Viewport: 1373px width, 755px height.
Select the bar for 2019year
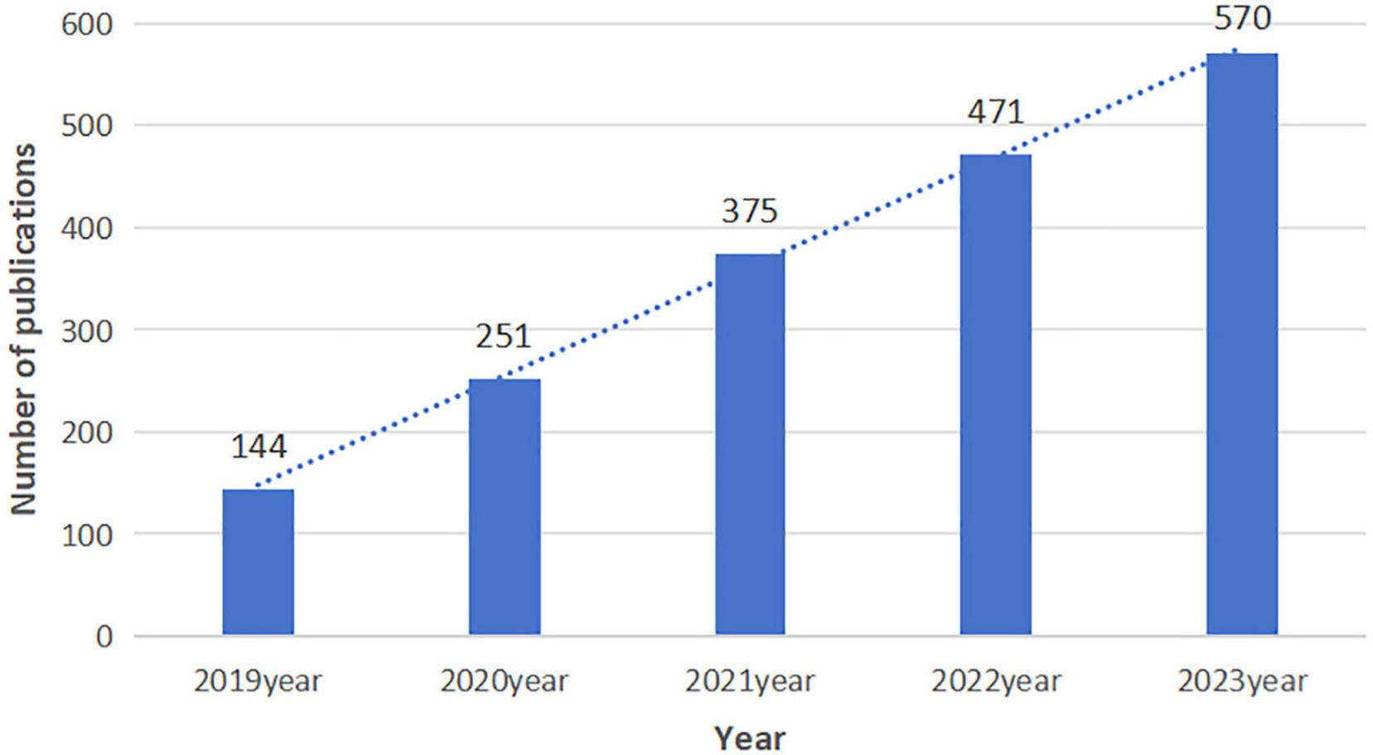coord(258,562)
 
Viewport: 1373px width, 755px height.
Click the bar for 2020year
coord(504,507)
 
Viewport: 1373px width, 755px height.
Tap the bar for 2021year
coord(750,444)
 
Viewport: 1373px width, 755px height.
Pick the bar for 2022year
coord(996,394)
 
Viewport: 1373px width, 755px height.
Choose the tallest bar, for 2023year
coord(1242,344)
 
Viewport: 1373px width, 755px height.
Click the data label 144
coord(258,447)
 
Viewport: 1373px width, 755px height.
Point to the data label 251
coord(503,337)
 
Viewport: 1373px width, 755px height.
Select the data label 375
coord(750,211)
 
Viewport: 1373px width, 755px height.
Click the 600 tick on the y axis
coord(86,24)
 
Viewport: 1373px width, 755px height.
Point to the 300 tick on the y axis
coord(86,331)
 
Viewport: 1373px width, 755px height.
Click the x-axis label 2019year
coord(258,682)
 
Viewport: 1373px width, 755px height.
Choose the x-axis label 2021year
coord(750,682)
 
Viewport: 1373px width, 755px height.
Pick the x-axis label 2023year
coord(1242,682)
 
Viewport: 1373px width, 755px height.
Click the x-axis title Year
coord(750,737)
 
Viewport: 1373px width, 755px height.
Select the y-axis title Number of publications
coord(24,330)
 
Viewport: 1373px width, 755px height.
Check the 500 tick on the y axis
coord(86,126)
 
